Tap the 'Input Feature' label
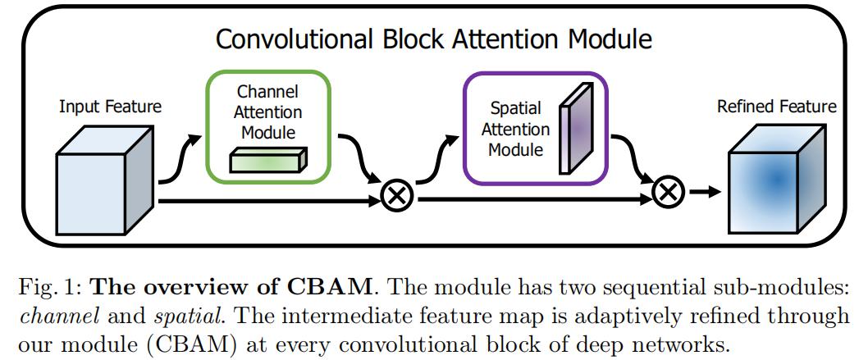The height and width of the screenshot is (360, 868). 110,107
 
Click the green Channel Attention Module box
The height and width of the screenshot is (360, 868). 268,125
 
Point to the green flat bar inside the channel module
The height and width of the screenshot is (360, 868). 267,161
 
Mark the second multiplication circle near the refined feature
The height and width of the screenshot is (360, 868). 667,192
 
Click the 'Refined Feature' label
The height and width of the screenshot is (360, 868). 776,107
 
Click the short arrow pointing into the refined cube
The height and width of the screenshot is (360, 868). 702,192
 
